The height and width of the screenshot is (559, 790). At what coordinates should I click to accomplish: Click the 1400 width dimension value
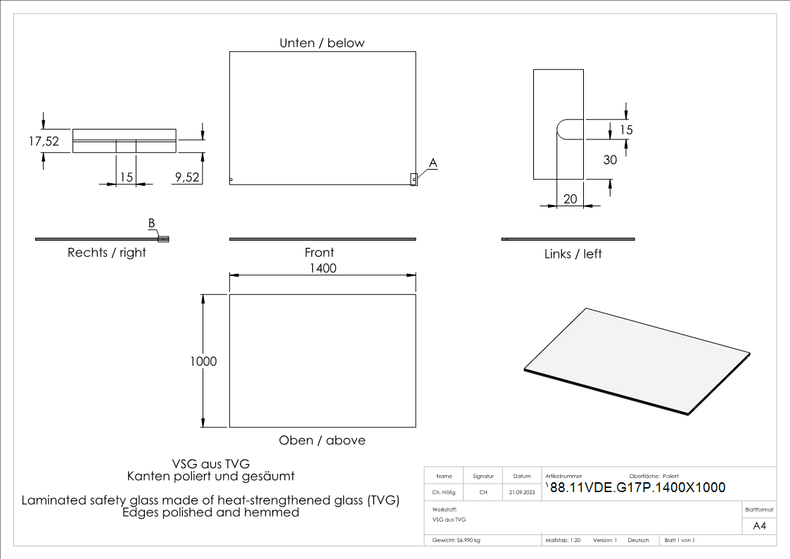point(322,268)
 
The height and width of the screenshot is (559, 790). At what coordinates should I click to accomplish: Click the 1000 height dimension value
point(203,361)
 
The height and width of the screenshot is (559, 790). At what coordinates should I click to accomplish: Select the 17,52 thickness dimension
point(44,141)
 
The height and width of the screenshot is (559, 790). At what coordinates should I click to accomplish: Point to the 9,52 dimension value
point(187,177)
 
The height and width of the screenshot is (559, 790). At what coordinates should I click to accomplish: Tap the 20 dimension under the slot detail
point(570,199)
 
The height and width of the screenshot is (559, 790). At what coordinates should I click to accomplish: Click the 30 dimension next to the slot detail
point(610,160)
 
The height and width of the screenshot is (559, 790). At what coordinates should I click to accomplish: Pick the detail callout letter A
point(433,163)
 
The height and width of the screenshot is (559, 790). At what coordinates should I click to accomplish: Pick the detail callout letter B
point(151,223)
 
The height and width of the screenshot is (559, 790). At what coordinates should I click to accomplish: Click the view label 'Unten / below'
point(322,43)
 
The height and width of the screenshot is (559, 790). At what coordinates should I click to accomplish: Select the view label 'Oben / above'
point(322,440)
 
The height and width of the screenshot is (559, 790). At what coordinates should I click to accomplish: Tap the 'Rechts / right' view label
point(107,253)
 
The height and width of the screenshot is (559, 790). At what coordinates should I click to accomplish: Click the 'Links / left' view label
point(573,253)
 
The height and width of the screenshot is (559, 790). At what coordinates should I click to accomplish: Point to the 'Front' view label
point(319,252)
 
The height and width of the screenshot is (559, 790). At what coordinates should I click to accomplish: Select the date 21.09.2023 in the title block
point(521,493)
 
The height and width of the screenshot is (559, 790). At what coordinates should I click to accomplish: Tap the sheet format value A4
point(759,526)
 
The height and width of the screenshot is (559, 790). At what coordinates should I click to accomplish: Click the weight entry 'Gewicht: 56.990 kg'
point(457,540)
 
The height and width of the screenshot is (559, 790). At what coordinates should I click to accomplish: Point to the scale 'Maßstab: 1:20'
point(563,540)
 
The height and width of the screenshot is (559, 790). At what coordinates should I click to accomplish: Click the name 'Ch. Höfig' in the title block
point(444,493)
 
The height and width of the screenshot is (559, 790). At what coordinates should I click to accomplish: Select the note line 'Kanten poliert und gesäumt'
point(211,476)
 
